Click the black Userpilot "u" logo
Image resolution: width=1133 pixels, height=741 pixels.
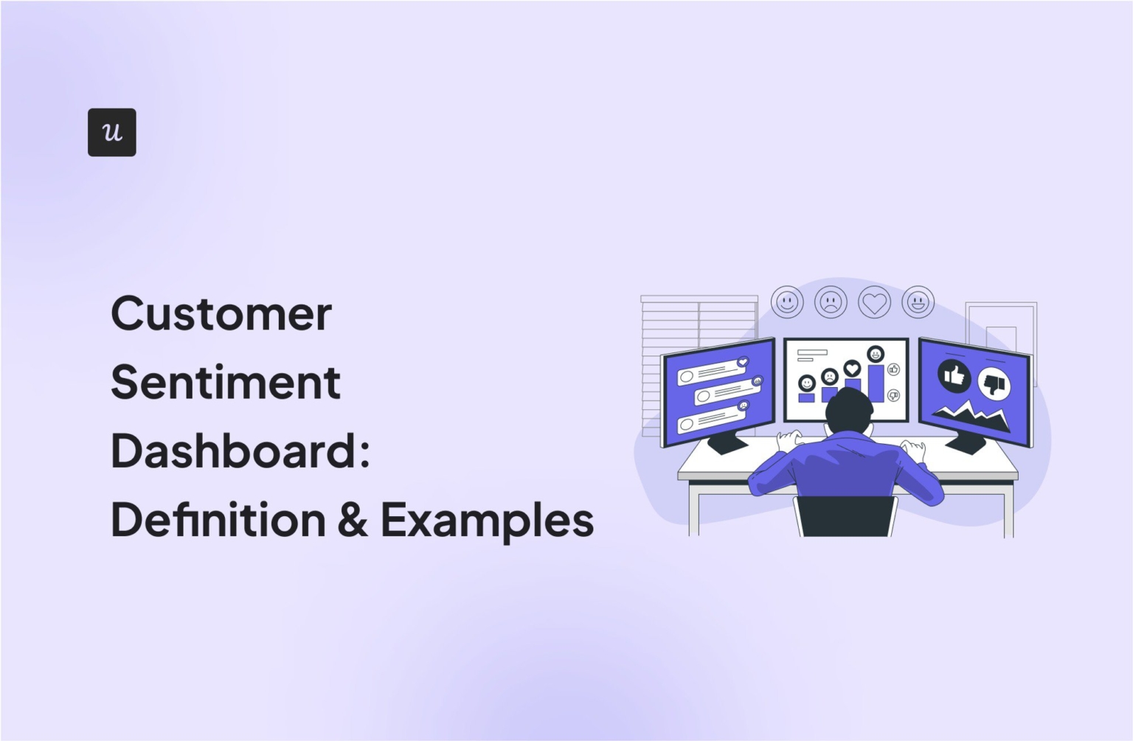111,132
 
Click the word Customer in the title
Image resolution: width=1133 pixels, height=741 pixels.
221,314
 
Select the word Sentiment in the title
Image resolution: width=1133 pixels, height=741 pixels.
225,383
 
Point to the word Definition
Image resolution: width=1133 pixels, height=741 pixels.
218,520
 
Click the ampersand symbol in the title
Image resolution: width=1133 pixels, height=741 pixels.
353,520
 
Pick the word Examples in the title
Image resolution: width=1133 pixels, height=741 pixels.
487,521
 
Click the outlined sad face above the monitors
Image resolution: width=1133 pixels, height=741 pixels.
831,302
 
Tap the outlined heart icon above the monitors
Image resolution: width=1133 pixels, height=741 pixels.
874,302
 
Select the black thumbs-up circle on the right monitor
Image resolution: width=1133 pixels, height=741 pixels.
954,376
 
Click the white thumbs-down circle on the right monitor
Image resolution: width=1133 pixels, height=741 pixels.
994,384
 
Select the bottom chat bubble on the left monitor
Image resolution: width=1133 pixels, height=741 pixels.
712,418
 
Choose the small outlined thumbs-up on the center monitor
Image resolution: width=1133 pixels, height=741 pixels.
894,369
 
